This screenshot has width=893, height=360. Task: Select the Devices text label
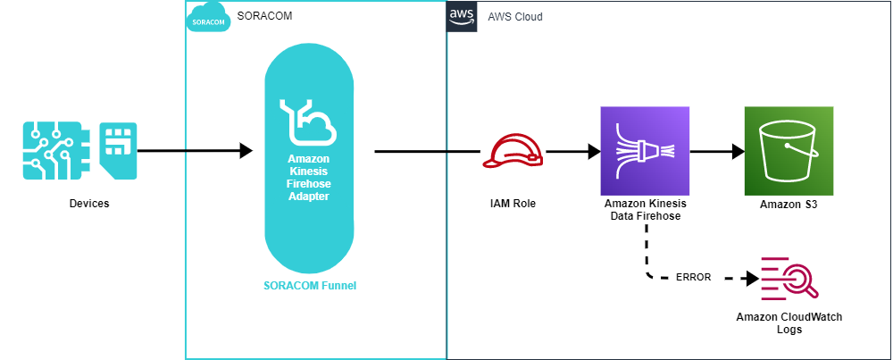click(88, 204)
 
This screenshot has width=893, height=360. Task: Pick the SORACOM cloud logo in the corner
click(207, 18)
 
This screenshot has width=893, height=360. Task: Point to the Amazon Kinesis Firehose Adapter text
click(309, 176)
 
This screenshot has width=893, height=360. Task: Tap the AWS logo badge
click(461, 17)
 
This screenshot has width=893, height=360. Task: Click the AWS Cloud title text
click(514, 17)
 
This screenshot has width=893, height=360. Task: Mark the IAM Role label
click(513, 204)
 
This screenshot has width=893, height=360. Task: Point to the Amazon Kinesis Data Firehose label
click(645, 210)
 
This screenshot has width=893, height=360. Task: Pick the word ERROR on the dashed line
click(693, 277)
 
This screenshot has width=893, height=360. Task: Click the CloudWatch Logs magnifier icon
click(789, 278)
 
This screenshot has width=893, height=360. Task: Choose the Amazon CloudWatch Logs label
click(789, 322)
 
